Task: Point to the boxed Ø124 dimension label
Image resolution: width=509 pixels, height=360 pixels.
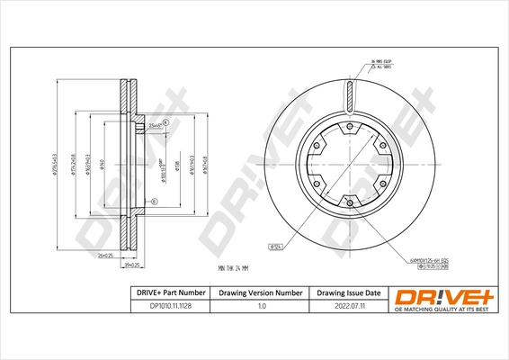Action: [276, 246]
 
